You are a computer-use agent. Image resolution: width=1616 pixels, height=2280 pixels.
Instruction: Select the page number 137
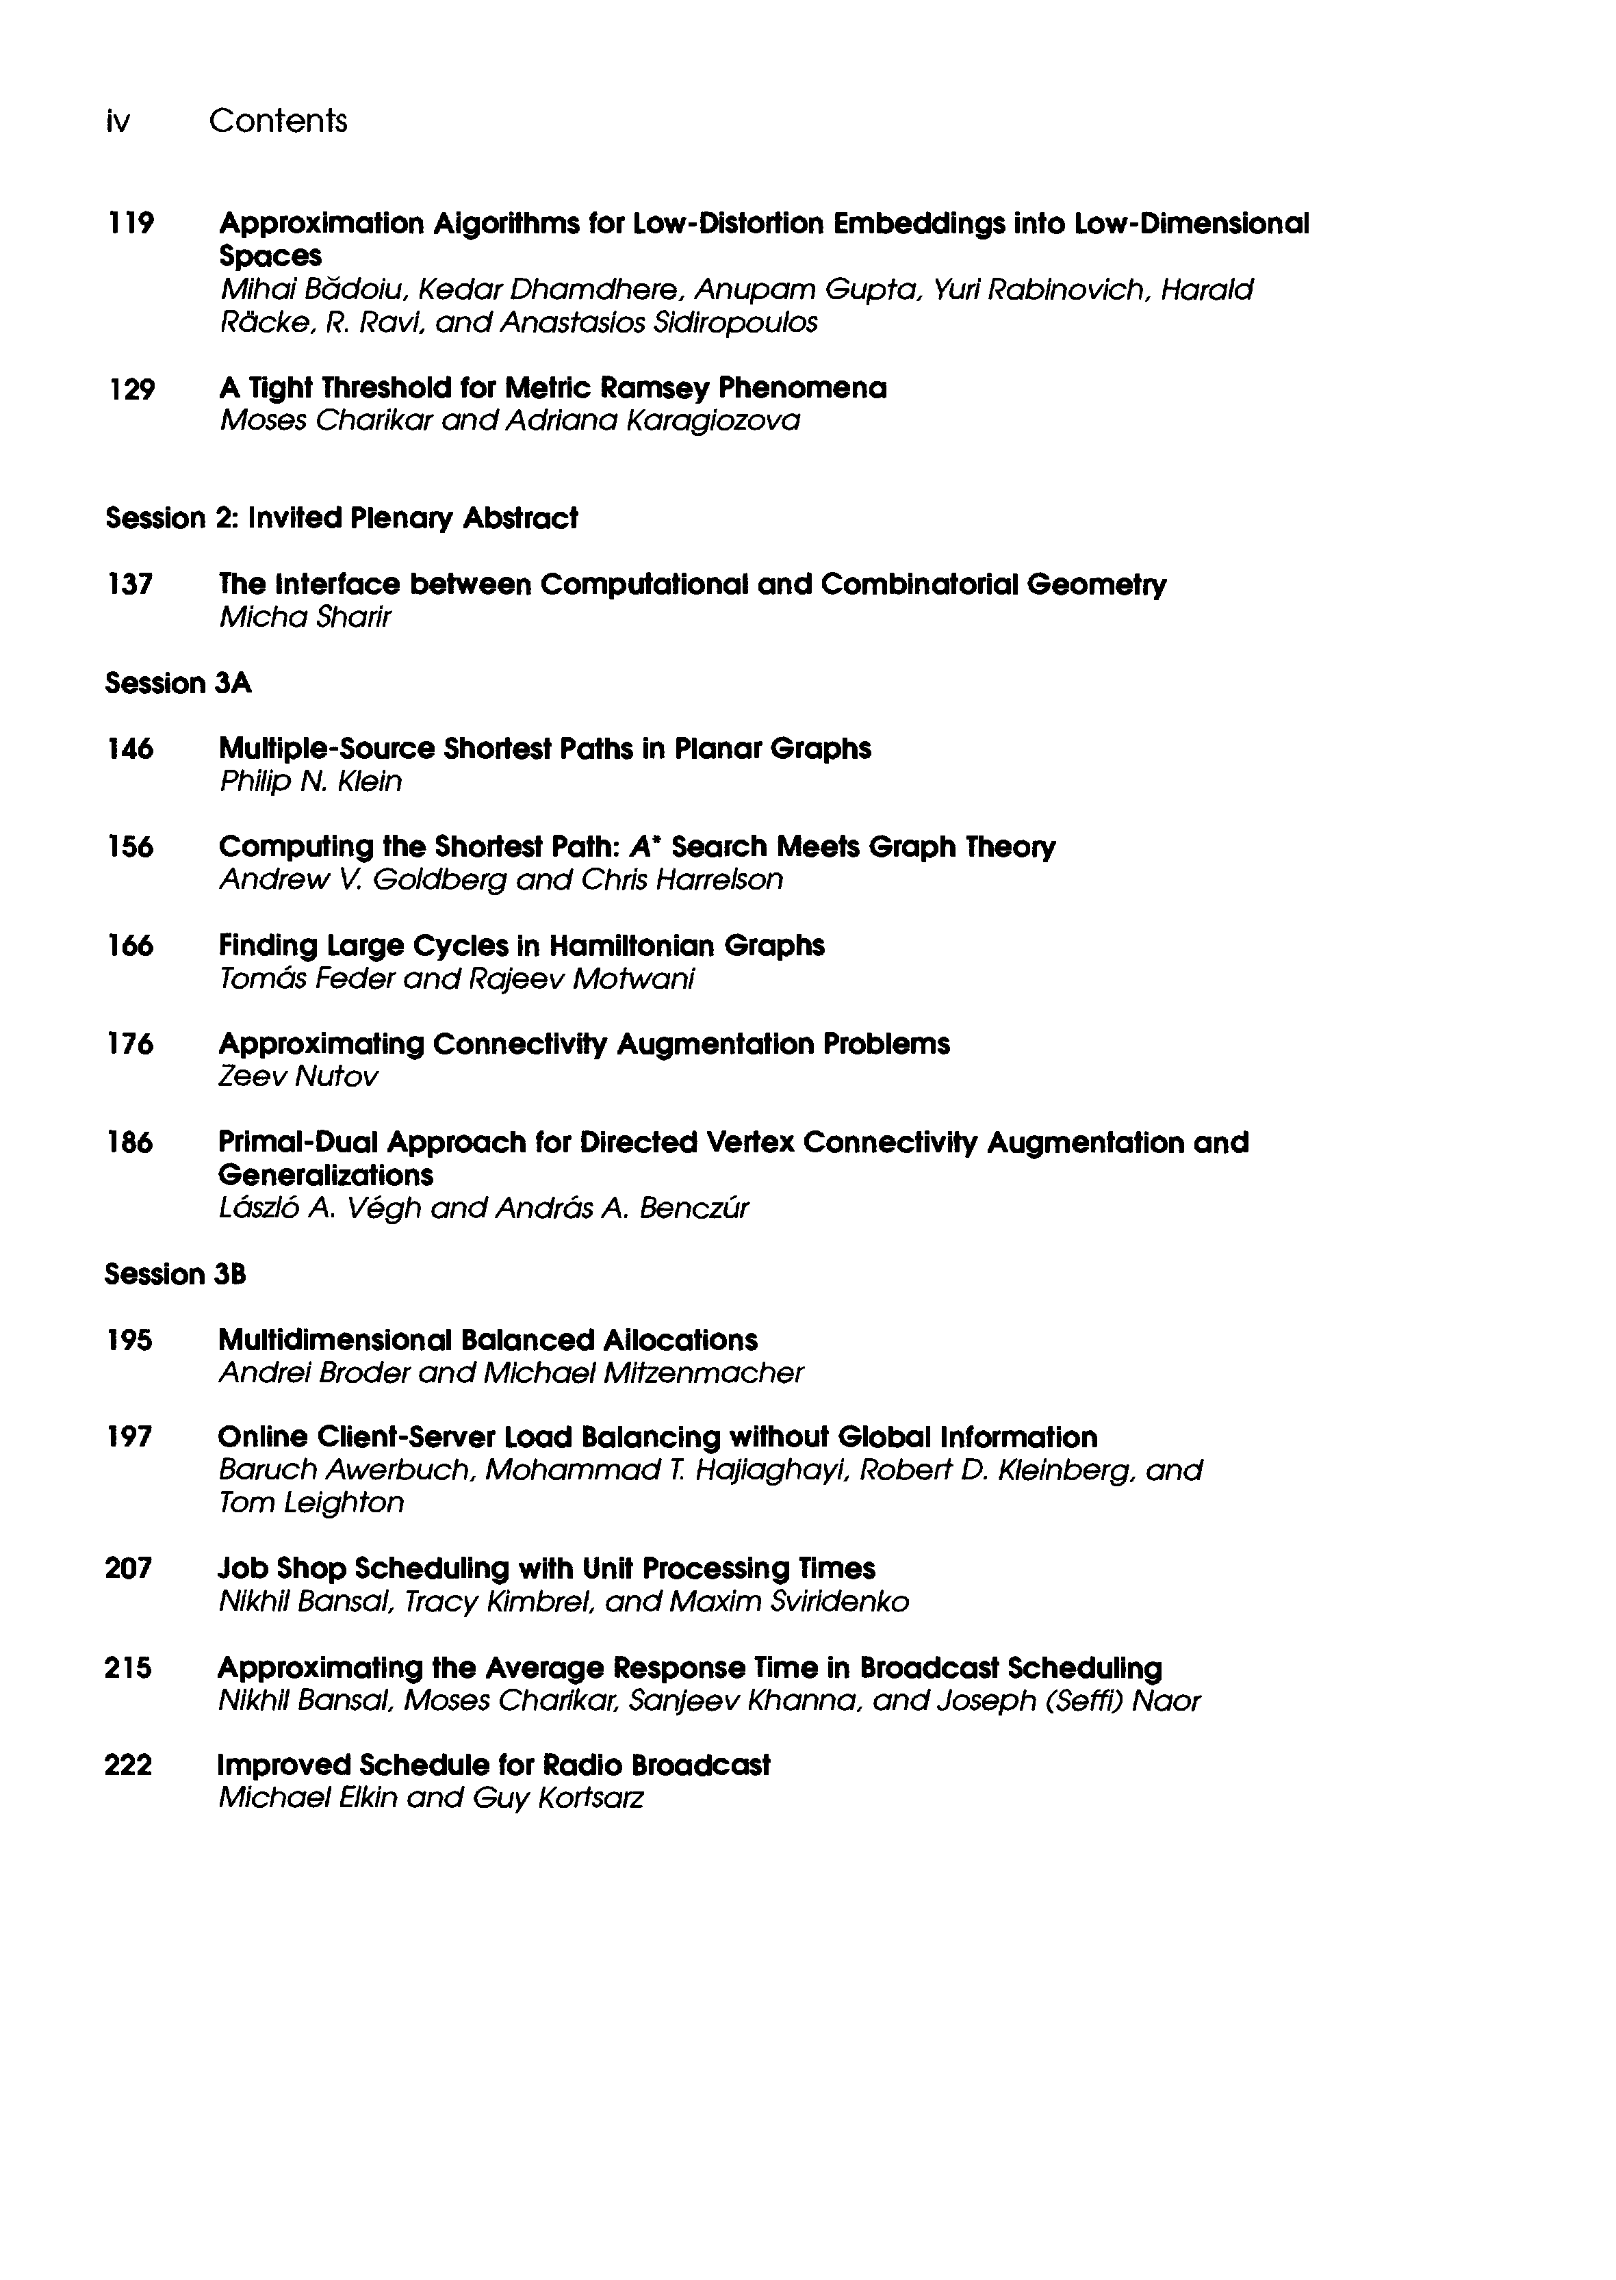[x=129, y=584]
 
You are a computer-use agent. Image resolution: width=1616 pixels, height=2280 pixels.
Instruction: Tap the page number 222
[x=129, y=1765]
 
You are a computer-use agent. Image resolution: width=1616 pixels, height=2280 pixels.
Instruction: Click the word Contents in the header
[x=278, y=121]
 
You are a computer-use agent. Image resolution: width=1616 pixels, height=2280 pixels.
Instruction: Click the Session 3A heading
[x=178, y=684]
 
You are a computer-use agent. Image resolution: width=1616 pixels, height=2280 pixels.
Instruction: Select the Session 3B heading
[x=175, y=1274]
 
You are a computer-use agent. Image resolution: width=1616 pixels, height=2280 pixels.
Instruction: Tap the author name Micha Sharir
[x=305, y=618]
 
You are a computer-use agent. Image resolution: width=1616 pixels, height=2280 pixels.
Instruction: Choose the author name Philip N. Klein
[x=311, y=782]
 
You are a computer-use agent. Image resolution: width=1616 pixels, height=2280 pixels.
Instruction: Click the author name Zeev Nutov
[x=298, y=1077]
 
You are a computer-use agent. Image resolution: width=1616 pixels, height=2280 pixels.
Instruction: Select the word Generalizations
[x=325, y=1176]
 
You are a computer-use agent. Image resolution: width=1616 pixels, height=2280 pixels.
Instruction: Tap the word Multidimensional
[x=333, y=1340]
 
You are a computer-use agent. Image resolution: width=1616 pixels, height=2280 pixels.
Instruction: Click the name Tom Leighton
[x=311, y=1502]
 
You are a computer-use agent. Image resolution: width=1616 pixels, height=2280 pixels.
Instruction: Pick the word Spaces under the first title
[x=270, y=257]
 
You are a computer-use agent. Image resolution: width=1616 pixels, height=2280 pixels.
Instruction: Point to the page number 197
[x=129, y=1438]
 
